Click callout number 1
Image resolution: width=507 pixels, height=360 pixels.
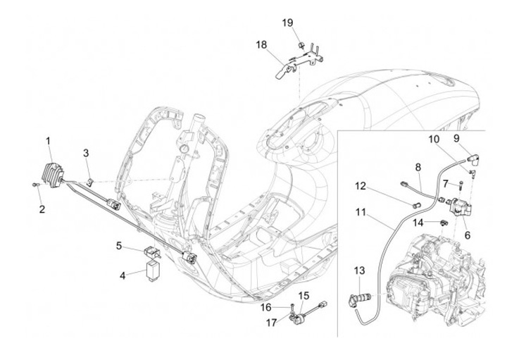[x=48, y=141]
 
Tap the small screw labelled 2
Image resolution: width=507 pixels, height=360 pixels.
[x=36, y=185]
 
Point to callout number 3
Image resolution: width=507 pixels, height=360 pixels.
[x=86, y=153]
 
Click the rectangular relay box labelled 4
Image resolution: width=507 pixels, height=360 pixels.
[x=151, y=273]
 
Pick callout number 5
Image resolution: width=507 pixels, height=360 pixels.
[x=119, y=246]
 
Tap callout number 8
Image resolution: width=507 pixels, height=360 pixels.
[x=418, y=168]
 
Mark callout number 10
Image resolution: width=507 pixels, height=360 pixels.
[x=434, y=139]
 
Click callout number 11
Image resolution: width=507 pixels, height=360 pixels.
[x=361, y=213]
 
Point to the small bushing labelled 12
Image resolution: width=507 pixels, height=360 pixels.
[x=415, y=205]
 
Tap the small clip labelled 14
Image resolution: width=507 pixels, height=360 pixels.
[x=444, y=222]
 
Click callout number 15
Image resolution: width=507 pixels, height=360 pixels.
[x=303, y=296]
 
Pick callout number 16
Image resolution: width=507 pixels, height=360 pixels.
[x=266, y=307]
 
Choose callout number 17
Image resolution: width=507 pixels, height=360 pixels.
[x=272, y=323]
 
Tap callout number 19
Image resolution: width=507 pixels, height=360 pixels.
[x=287, y=23]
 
